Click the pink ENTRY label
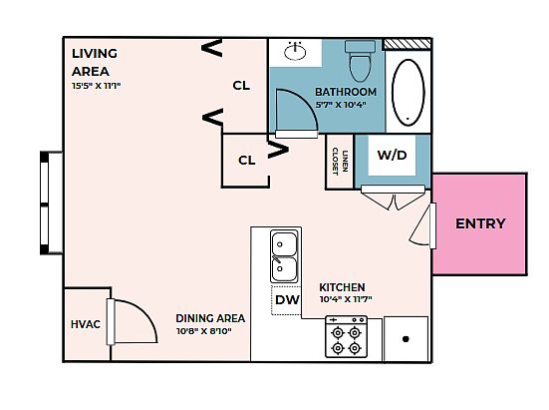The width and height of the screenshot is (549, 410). tap(480, 223)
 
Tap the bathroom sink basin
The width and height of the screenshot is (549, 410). tap(295, 52)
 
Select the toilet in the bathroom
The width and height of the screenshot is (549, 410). tap(360, 61)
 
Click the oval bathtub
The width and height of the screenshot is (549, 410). tap(408, 93)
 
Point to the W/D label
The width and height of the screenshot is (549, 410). tap(393, 155)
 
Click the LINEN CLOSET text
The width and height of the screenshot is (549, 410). tap(340, 162)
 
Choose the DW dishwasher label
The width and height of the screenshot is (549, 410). tap(287, 299)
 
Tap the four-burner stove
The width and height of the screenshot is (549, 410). tap(346, 336)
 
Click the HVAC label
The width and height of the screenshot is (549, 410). tap(86, 324)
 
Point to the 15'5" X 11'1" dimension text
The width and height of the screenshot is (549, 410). tap(97, 86)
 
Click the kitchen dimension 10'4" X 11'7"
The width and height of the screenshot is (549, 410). tap(346, 299)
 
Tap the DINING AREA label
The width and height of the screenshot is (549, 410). tap(210, 318)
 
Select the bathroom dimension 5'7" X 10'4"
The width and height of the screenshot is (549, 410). tap(341, 105)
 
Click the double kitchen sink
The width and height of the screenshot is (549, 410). tap(284, 256)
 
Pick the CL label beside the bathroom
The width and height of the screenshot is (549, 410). tap(241, 85)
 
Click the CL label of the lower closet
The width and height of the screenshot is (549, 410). tap(247, 161)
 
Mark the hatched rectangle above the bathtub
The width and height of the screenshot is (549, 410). tap(407, 44)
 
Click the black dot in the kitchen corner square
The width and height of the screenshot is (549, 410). tap(406, 339)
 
